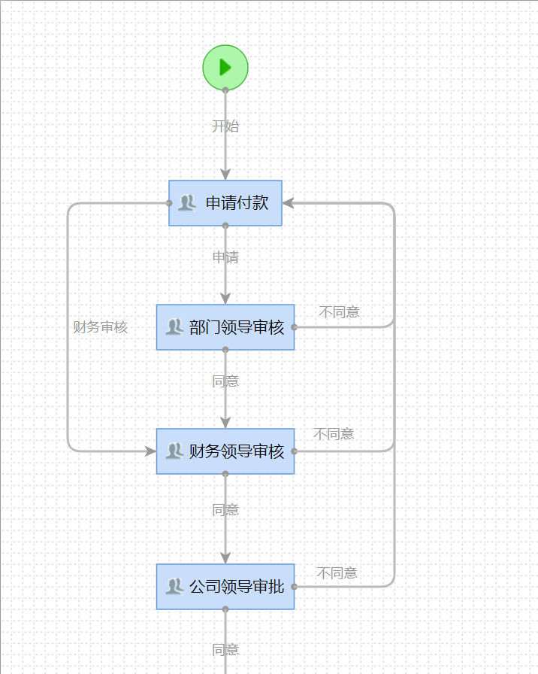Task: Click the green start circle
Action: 225,68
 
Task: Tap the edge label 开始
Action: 225,126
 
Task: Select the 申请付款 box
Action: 225,203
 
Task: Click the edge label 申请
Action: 225,257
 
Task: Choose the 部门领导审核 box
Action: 225,327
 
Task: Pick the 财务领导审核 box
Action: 225,451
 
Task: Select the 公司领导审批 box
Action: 225,587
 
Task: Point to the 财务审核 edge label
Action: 100,327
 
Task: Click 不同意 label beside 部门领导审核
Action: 340,312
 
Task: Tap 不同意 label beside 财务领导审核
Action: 334,434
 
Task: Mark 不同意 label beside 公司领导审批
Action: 337,573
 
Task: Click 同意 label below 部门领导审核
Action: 225,381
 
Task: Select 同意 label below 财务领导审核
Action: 225,510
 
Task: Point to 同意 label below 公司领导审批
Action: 225,650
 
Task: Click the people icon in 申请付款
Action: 186,202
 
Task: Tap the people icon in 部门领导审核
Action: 174,326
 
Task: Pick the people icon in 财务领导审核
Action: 174,451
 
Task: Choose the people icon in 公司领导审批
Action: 174,586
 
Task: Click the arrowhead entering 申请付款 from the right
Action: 288,203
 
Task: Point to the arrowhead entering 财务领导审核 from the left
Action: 150,451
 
